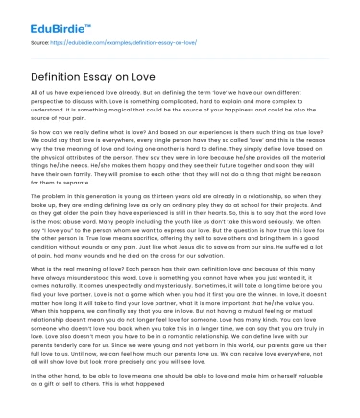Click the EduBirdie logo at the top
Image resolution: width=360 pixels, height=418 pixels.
(44, 16)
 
